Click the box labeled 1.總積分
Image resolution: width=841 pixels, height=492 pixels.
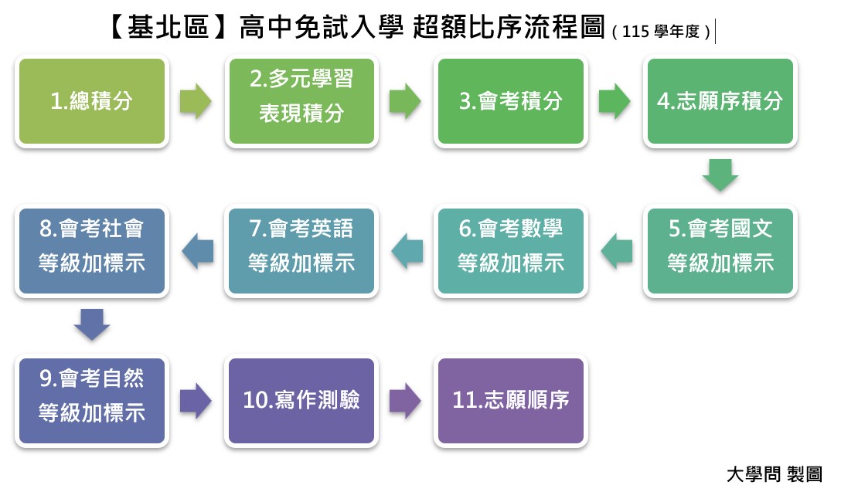coord(92,101)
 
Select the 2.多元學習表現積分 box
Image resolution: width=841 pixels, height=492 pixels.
coord(301,101)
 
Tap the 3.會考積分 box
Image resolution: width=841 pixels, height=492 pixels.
coord(511,101)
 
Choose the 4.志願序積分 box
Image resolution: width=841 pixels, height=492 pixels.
coord(720,101)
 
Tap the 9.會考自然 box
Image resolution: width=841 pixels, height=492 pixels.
coord(92,401)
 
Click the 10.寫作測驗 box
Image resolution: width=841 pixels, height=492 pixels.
coord(301,401)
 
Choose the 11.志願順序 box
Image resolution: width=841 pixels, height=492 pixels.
coord(511,401)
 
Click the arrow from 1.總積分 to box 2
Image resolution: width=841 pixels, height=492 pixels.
coord(196,101)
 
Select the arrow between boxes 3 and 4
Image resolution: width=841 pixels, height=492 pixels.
coord(615,101)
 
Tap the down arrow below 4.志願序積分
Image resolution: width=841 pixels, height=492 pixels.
coord(720,175)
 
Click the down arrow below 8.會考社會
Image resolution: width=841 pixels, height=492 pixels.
coord(92,324)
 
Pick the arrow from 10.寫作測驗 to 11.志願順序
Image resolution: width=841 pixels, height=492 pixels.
coord(405,401)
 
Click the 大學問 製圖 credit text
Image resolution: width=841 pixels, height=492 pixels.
coord(774,473)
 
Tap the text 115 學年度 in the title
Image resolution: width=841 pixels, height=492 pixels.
coord(660,32)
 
